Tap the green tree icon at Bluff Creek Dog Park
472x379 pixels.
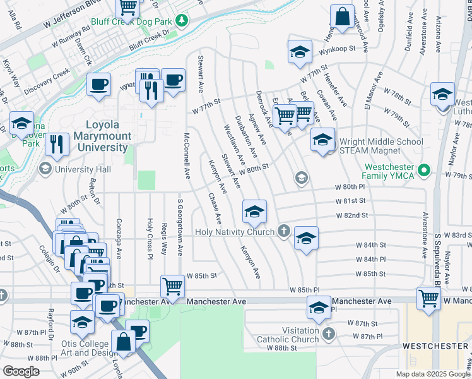tap(182, 21)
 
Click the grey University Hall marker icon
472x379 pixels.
tap(45, 169)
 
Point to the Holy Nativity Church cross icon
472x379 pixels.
tap(284, 232)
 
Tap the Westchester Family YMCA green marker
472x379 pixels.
tap(425, 169)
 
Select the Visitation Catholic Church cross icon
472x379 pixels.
tap(327, 334)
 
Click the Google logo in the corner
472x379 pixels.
tap(21, 371)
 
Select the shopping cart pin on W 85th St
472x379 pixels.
tap(172, 286)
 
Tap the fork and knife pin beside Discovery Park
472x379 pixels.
tap(57, 144)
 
